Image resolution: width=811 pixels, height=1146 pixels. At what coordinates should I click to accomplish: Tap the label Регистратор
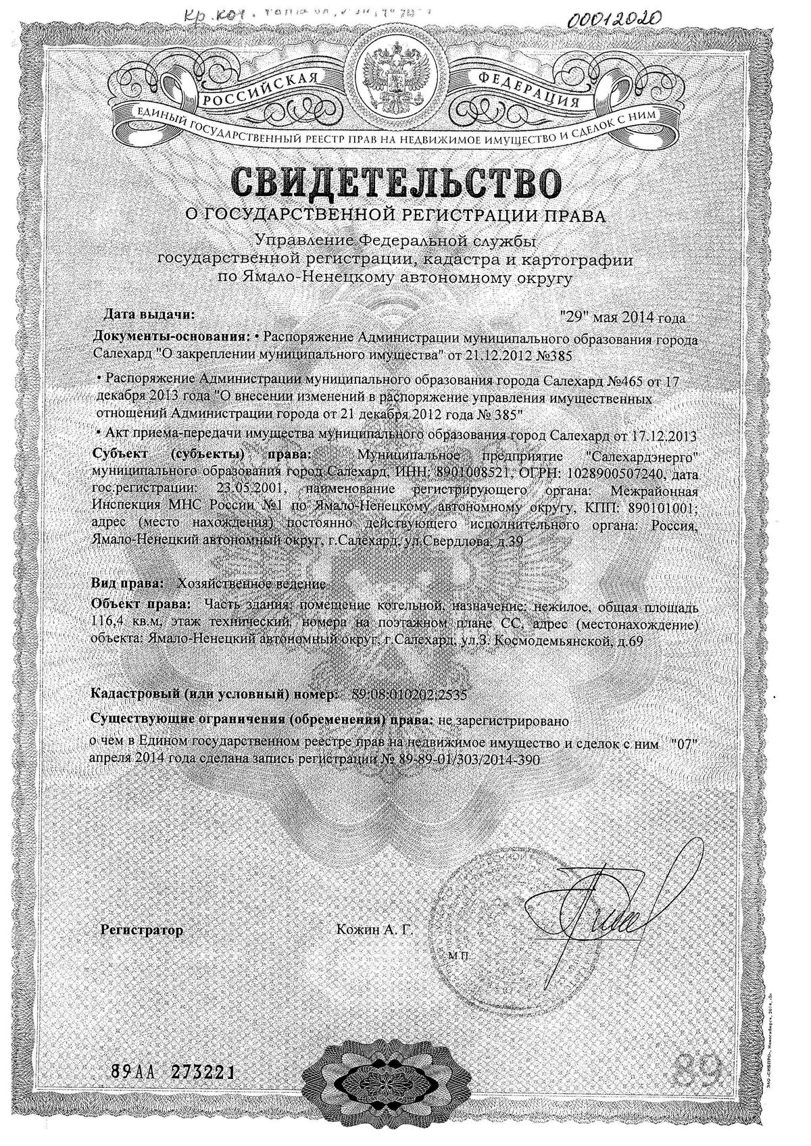(141, 930)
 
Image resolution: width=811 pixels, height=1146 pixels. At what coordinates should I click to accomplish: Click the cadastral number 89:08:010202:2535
(410, 694)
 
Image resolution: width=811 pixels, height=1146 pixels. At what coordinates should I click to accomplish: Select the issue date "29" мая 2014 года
(622, 318)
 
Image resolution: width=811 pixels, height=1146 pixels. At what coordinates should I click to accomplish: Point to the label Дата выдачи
(149, 314)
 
